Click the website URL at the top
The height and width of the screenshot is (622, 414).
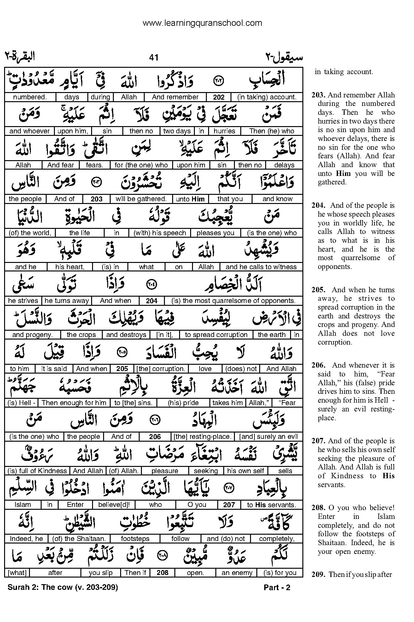[x=202, y=23]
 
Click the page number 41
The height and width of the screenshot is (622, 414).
[x=154, y=57]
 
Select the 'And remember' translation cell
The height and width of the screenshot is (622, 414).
[x=175, y=97]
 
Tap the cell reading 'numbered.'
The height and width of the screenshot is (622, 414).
[x=30, y=97]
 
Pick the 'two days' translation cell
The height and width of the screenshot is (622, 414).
[x=177, y=131]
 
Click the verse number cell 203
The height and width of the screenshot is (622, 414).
[x=96, y=199]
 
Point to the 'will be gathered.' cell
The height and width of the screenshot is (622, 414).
[x=141, y=199]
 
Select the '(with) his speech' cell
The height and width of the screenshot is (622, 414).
[x=160, y=233]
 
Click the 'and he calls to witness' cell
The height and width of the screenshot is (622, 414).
[x=261, y=267]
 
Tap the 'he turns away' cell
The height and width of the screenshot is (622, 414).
[x=67, y=301]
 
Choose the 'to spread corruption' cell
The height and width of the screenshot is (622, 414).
[x=216, y=335]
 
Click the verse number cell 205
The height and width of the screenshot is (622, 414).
[x=122, y=369]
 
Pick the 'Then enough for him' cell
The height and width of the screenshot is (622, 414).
[x=74, y=403]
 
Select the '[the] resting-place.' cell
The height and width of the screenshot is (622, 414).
[x=202, y=437]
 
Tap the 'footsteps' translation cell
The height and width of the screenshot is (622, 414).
[x=135, y=539]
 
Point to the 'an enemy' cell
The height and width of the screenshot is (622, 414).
[x=237, y=573]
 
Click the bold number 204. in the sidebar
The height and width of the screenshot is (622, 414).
[x=318, y=205]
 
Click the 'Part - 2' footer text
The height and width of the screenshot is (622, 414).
[x=277, y=587]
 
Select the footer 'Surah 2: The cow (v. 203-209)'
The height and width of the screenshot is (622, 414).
[x=63, y=587]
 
